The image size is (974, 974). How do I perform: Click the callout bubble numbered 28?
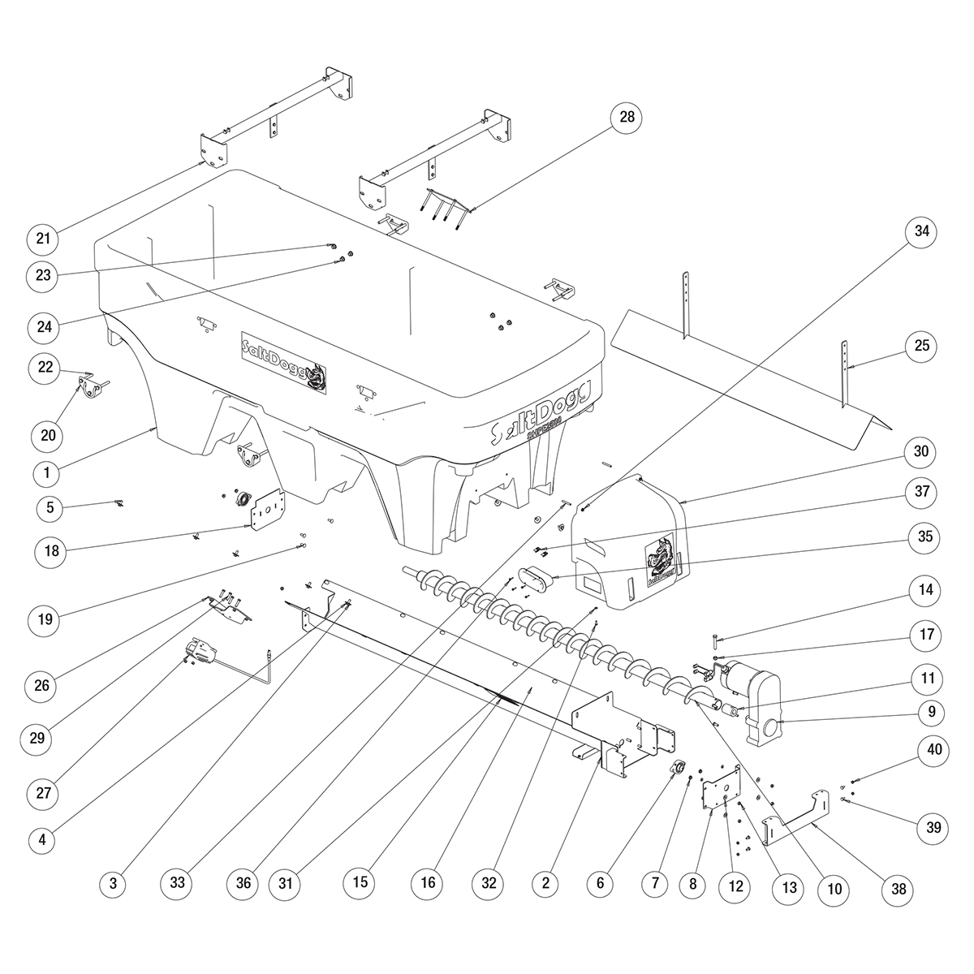[x=627, y=118]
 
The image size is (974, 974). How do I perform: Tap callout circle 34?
[x=921, y=232]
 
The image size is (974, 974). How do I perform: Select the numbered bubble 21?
[x=43, y=238]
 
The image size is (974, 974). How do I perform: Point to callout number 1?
[x=47, y=472]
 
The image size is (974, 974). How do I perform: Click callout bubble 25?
[x=921, y=346]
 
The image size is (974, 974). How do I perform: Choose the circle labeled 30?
[x=921, y=451]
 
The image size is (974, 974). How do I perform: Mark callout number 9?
[x=932, y=713]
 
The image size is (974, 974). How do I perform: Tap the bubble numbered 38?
[x=899, y=890]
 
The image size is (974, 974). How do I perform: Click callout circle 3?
[x=114, y=884]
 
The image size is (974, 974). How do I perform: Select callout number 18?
[x=51, y=551]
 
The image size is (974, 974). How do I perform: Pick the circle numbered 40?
[x=935, y=751]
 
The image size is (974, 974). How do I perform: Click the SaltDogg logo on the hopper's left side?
[x=285, y=360]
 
